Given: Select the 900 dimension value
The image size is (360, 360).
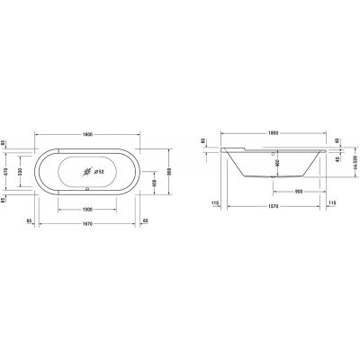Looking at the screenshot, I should click(x=296, y=193).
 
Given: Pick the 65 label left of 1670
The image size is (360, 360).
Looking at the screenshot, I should click(x=30, y=219).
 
